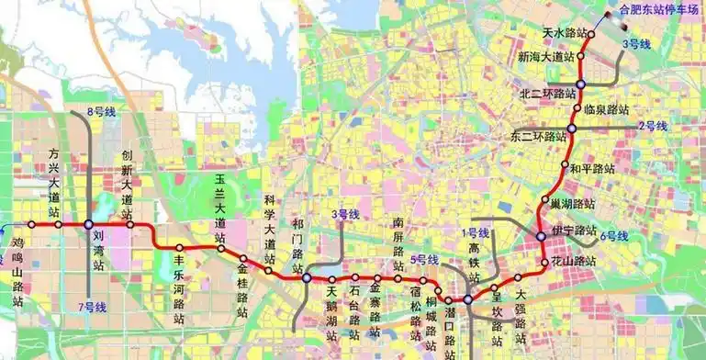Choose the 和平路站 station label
591,169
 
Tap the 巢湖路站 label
572,203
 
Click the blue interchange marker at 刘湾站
88,224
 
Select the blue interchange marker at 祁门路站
307,277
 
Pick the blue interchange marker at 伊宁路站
541,236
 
